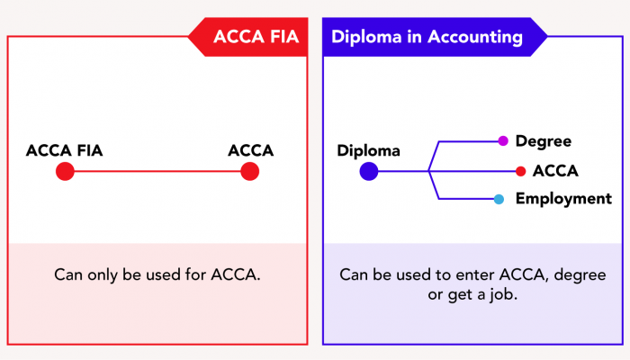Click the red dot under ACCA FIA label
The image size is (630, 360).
point(65,171)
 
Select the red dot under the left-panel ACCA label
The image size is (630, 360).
point(250,171)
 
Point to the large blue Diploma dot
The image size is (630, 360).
point(369,171)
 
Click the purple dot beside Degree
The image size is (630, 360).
point(503,141)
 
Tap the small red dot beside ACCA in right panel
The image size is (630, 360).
point(520,171)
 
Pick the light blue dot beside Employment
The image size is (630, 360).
point(499,199)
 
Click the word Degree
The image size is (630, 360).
point(544,141)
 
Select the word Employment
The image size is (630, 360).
point(563,199)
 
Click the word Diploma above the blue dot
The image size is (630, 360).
point(369,150)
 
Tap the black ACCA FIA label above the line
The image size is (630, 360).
point(65,150)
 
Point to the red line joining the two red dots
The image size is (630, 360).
point(157,171)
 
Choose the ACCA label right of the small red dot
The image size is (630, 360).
point(555,171)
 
